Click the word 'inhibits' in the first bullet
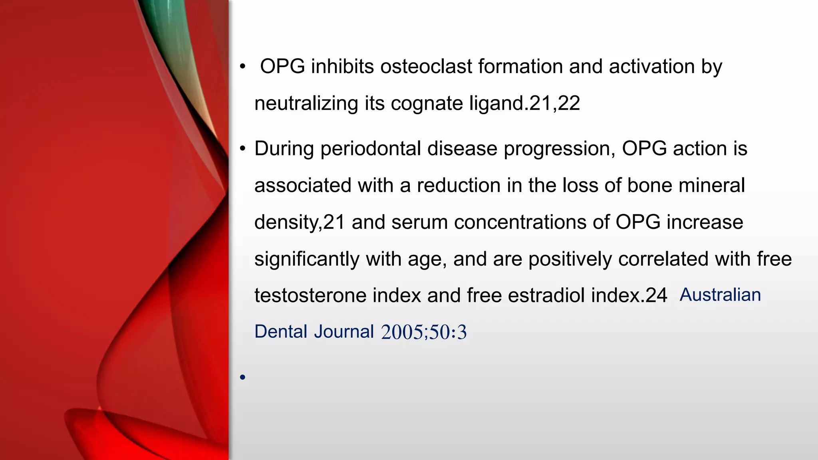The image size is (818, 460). click(x=342, y=66)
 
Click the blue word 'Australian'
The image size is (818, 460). click(x=720, y=295)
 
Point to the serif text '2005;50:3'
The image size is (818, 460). click(x=424, y=332)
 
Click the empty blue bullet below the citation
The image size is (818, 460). click(x=242, y=377)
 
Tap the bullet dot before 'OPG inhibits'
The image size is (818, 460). click(x=242, y=67)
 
